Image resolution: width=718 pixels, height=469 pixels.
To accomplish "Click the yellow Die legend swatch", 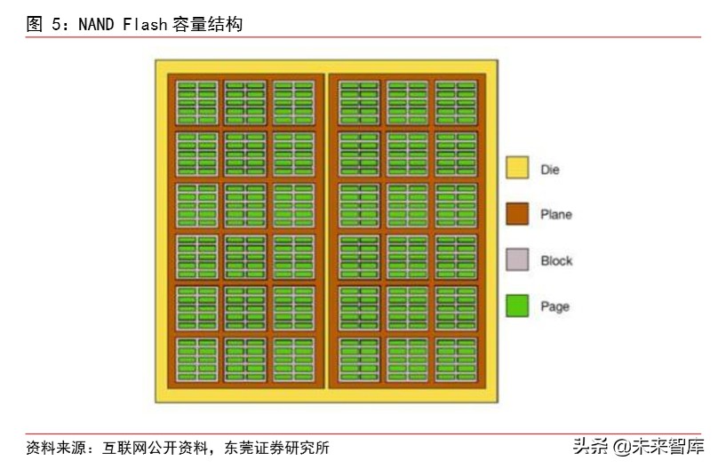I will tap(517, 168).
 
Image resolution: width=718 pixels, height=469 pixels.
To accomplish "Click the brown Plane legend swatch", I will tap(517, 214).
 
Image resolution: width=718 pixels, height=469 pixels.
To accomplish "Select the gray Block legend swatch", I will tap(517, 260).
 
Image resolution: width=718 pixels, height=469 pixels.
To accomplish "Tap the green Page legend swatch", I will tap(517, 306).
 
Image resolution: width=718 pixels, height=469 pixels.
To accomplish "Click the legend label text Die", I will tap(550, 169).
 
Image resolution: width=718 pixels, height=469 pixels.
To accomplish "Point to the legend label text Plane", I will tap(556, 215).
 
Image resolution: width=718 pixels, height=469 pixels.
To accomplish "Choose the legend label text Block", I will tap(556, 261).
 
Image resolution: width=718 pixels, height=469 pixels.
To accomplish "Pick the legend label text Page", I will tap(554, 307).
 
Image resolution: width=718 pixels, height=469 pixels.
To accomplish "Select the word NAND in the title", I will tap(96, 25).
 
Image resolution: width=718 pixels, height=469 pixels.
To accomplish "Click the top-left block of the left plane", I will tap(196, 103).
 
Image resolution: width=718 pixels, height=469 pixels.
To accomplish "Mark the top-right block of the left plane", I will tap(292, 103).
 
